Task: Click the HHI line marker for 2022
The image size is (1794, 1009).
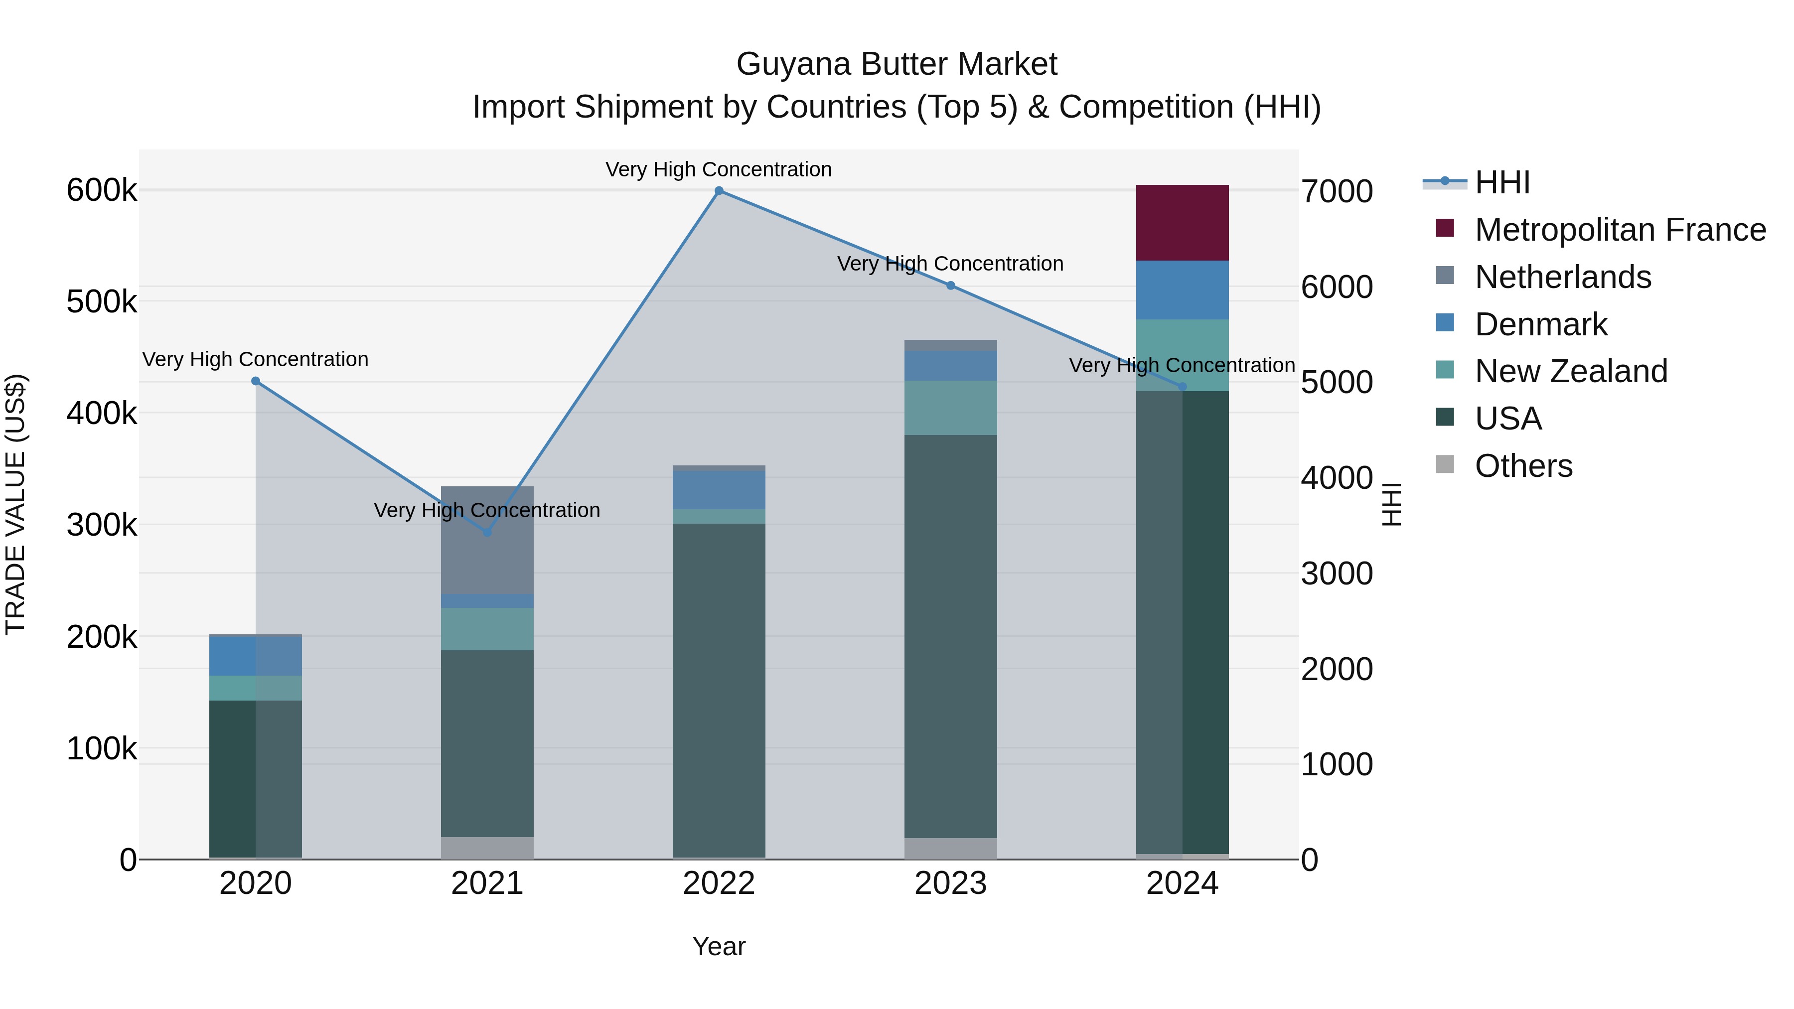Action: [x=719, y=191]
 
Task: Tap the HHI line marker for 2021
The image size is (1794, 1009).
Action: [x=487, y=533]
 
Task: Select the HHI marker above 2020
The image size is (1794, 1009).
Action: [x=256, y=381]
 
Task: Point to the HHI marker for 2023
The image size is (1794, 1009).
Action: [x=951, y=286]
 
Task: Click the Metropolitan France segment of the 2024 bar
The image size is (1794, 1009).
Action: [x=1182, y=223]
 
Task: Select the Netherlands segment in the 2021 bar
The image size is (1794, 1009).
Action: [x=487, y=540]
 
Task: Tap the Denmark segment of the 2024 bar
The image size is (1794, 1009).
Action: [x=1182, y=289]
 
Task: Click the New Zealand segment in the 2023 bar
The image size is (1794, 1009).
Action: [x=951, y=408]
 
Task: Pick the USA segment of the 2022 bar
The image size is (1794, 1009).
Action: [x=719, y=690]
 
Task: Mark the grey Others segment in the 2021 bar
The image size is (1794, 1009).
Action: [x=487, y=848]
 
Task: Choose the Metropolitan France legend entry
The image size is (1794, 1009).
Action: [x=1620, y=230]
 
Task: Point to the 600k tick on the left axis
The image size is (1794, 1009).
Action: [x=102, y=190]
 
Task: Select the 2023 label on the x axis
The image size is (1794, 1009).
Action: [x=951, y=883]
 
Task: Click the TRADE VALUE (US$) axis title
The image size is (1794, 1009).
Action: [x=16, y=504]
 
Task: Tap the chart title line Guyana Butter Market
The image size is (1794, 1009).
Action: [x=897, y=64]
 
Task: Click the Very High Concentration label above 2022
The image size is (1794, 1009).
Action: [x=719, y=169]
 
